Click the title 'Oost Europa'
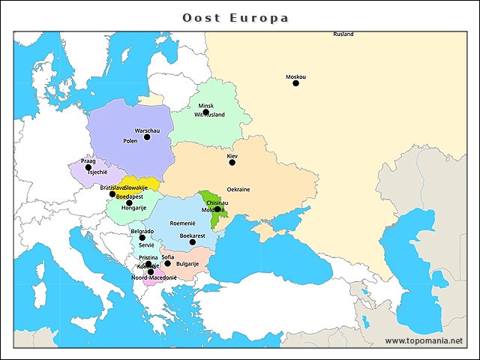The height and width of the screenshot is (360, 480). pos(236,17)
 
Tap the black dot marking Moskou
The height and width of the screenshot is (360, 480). pos(295,83)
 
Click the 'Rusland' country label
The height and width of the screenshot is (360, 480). pos(343,34)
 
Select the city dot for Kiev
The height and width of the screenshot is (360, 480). pos(232,162)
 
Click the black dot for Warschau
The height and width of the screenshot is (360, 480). pos(147,136)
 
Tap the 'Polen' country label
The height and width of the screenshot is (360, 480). pos(130,141)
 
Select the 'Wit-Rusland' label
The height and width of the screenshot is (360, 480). pos(209,115)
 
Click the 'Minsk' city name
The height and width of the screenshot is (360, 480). pos(206,106)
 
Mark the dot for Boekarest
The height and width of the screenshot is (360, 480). pos(192,241)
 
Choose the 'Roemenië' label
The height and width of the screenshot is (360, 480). pos(182,223)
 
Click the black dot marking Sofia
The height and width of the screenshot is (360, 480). pos(167,263)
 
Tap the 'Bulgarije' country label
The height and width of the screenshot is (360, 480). pos(187,264)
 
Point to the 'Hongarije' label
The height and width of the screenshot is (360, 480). pos(133,208)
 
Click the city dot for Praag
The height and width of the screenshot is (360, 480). pos(88,167)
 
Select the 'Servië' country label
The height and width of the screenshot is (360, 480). pos(146,245)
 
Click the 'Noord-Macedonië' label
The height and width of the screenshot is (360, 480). pos(154,277)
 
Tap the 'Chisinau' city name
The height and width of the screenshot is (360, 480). pos(217,202)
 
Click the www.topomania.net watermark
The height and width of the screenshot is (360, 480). pos(424,340)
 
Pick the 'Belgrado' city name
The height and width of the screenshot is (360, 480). pos(142,231)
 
